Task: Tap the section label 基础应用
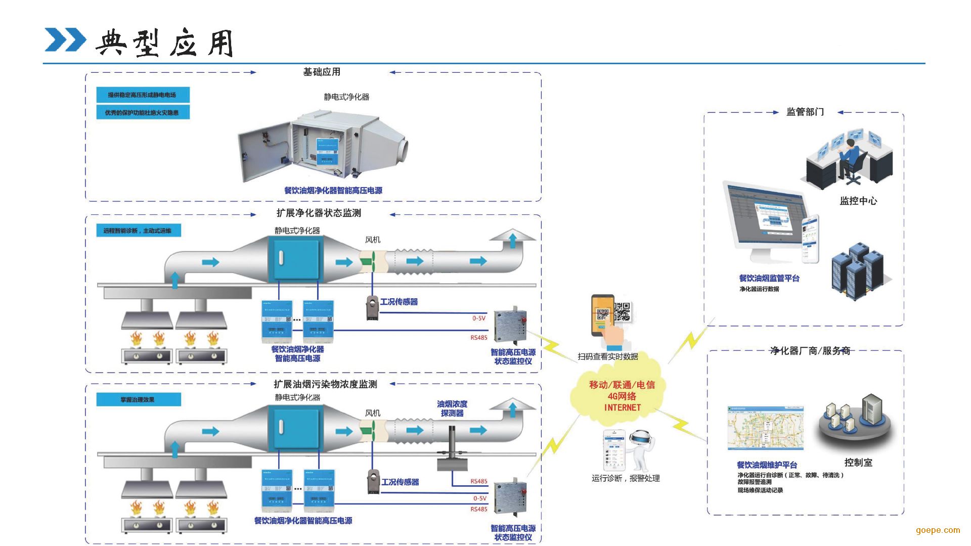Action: point(322,72)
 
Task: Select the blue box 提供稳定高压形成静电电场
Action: point(143,95)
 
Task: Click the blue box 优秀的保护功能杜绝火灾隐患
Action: point(143,112)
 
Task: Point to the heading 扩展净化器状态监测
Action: point(319,213)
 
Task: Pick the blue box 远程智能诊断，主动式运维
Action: point(138,231)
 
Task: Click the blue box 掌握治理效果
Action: point(138,399)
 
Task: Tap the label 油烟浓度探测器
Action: point(452,408)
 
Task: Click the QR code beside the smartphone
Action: point(623,311)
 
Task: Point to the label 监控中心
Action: point(858,201)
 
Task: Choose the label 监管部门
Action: point(805,112)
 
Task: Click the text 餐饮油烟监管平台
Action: point(769,278)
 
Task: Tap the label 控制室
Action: point(858,462)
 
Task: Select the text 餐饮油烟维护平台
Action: point(767,465)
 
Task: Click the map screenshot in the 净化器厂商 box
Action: point(765,428)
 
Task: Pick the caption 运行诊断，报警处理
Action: point(626,478)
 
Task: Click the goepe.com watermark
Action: point(938,530)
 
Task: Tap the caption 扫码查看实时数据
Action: point(608,356)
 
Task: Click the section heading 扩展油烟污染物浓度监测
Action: point(325,384)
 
